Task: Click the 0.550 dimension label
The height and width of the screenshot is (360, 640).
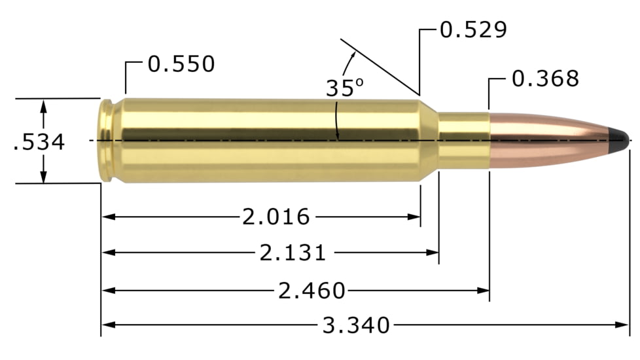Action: pyautogui.click(x=181, y=64)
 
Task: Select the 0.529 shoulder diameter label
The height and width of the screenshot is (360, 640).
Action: pyautogui.click(x=473, y=30)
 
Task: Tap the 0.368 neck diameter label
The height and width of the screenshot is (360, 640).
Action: pyautogui.click(x=545, y=79)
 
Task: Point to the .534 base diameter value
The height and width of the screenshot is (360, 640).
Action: pyautogui.click(x=39, y=142)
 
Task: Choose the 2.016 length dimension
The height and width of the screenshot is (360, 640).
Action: pyautogui.click(x=276, y=217)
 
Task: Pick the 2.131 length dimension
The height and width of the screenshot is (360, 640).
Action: pyautogui.click(x=293, y=253)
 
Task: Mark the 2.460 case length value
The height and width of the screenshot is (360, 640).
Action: pyautogui.click(x=311, y=289)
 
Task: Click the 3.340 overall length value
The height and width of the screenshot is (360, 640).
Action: pyautogui.click(x=356, y=325)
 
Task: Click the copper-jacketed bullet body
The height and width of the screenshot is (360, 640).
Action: pyautogui.click(x=550, y=139)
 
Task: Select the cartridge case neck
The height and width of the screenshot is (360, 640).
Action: pyautogui.click(x=463, y=140)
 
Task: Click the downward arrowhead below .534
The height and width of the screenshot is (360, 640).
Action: pyautogui.click(x=43, y=177)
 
